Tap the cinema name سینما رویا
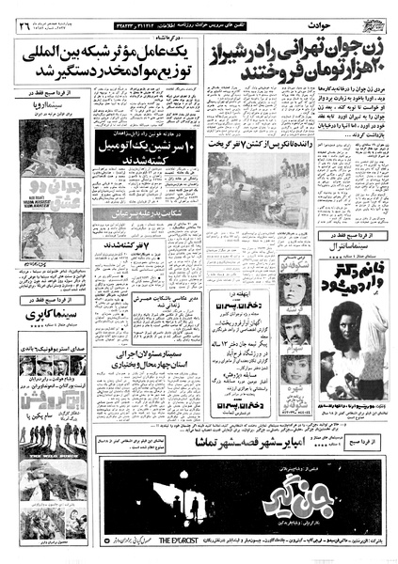[x=55, y=123]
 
